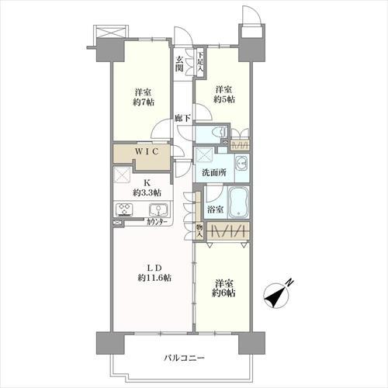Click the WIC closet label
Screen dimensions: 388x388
coord(147,151)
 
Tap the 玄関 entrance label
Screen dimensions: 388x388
coord(179,64)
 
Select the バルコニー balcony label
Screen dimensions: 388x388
coord(184,359)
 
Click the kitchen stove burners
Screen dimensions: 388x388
coord(124,210)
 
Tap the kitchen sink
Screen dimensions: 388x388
coord(158,210)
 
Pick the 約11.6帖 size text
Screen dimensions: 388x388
coord(154,278)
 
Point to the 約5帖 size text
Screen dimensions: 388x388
coord(224,99)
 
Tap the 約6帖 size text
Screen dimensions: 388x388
coord(223,293)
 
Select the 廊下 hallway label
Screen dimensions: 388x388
coord(182,119)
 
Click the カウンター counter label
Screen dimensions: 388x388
coord(156,222)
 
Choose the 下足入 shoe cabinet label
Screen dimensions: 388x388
coord(201,62)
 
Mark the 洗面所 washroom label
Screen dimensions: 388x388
coord(214,172)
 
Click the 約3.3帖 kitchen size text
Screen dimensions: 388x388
coord(147,192)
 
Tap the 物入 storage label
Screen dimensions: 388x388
coord(199,231)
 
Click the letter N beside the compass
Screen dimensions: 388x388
coord(290,282)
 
